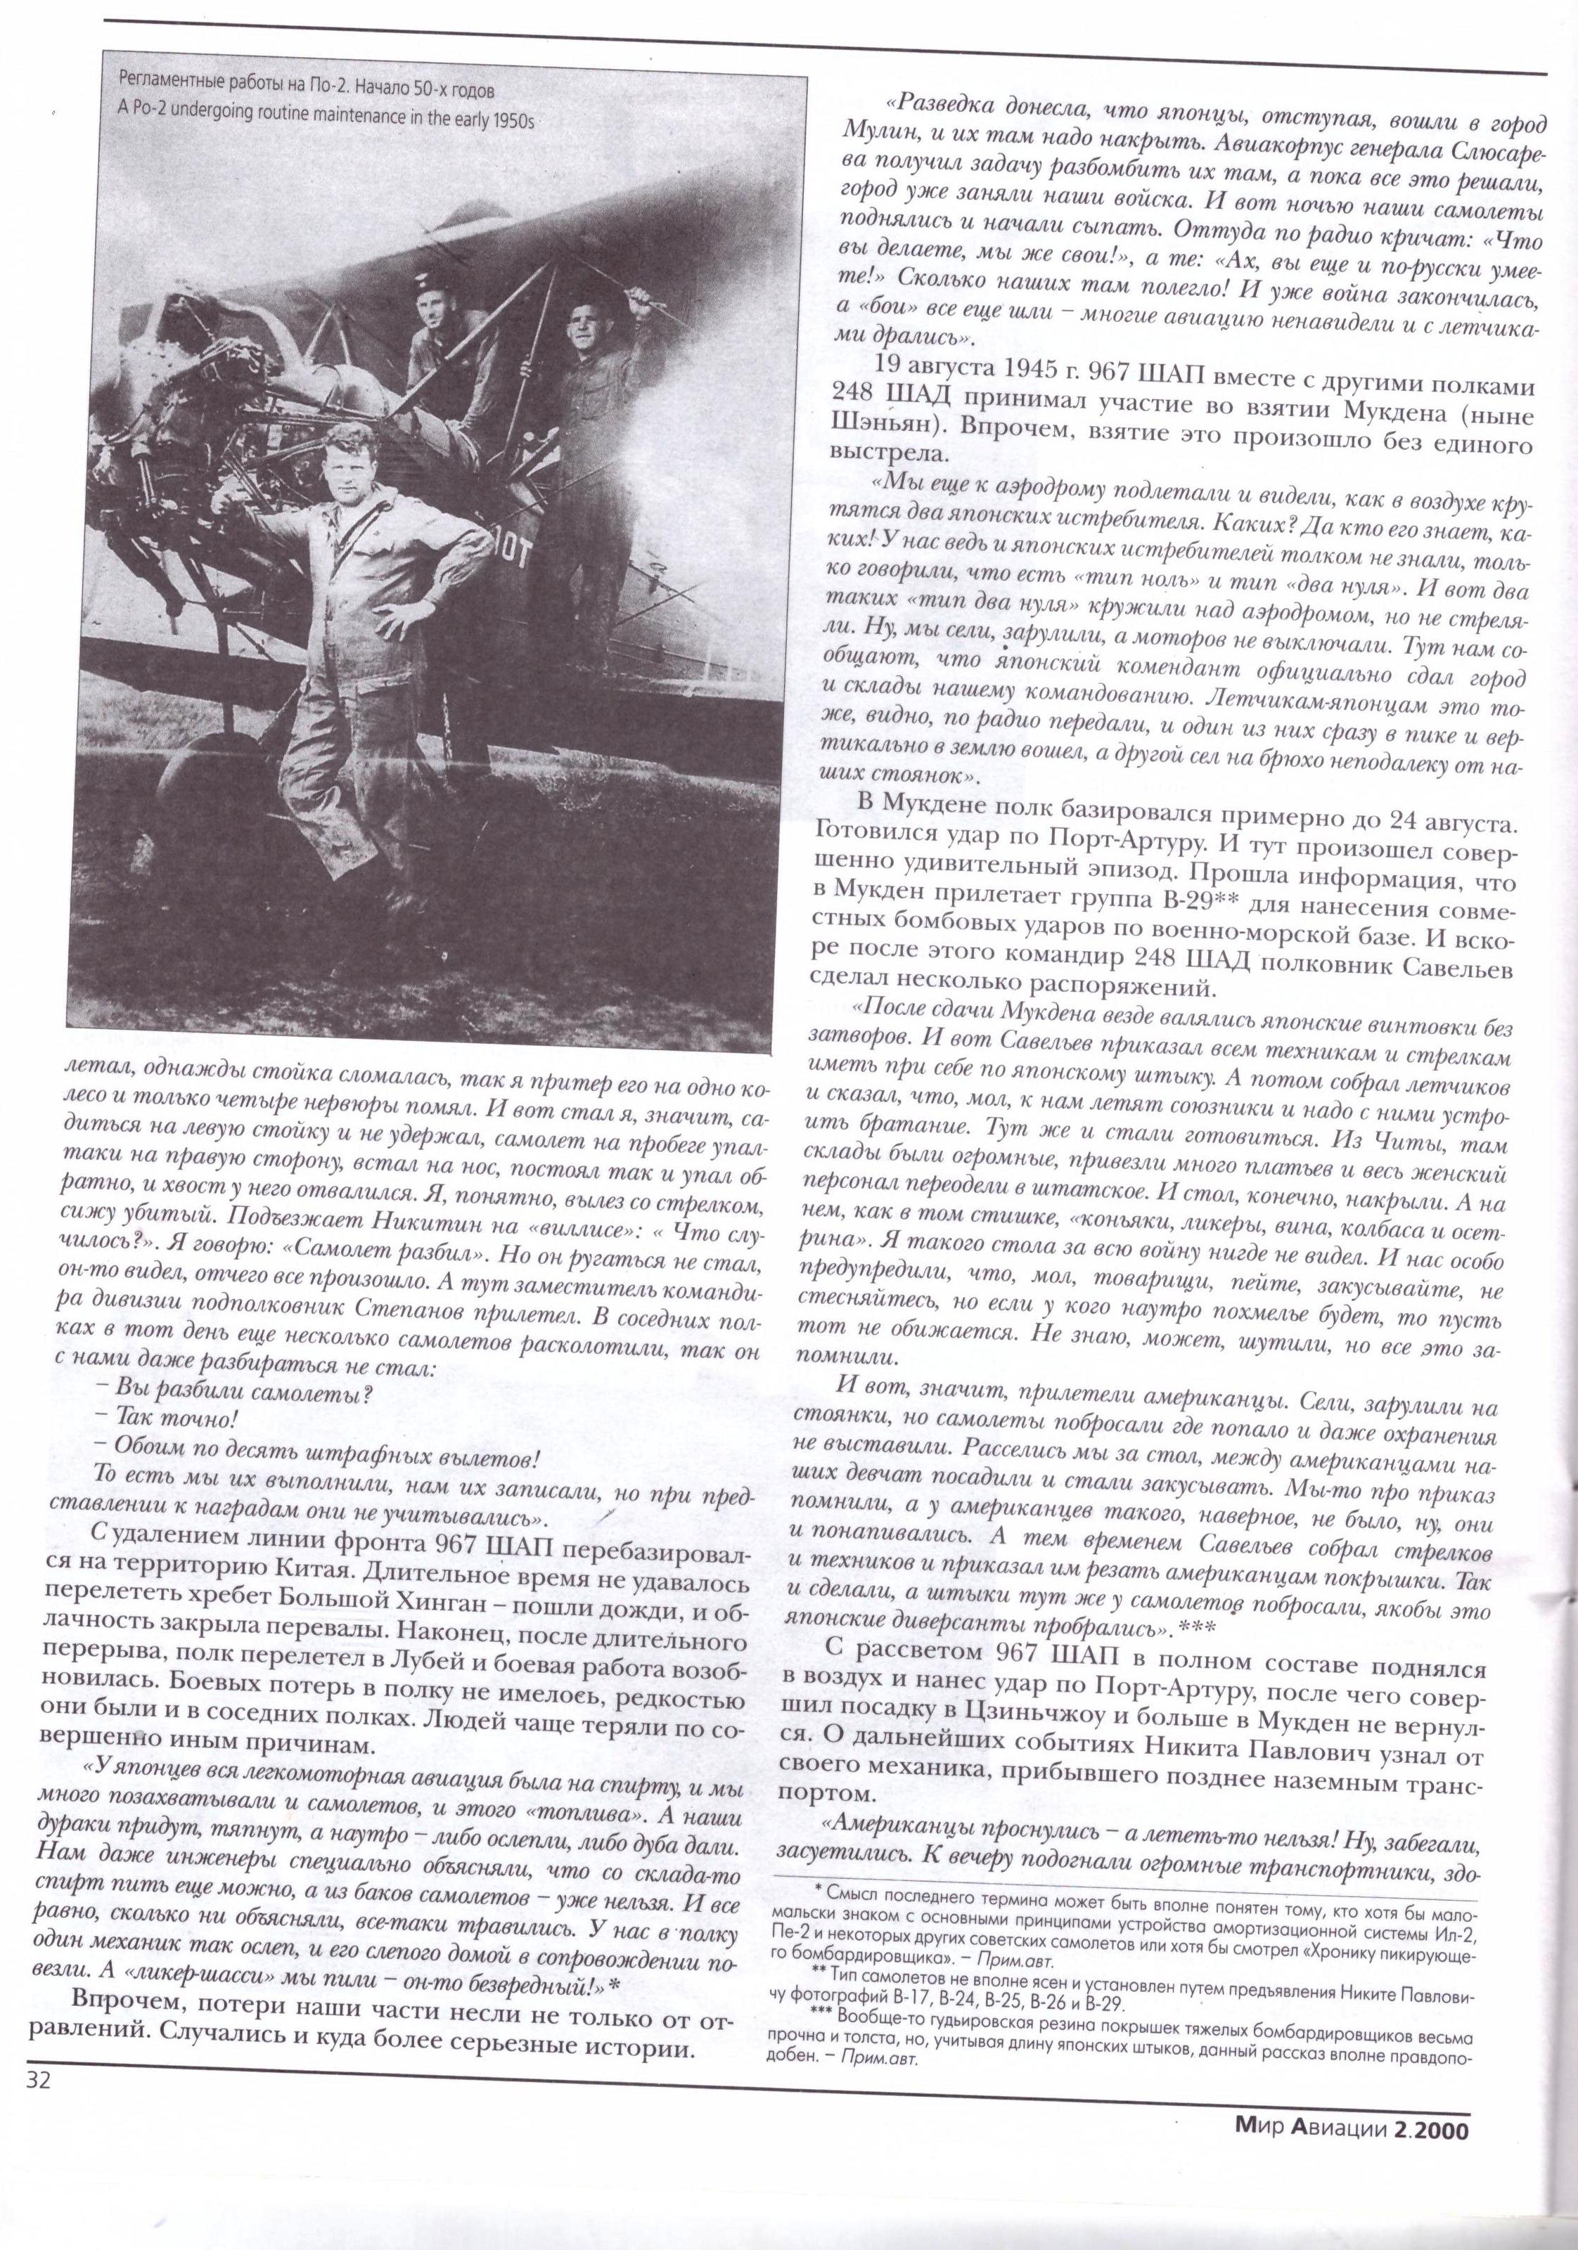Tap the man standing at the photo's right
588,392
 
